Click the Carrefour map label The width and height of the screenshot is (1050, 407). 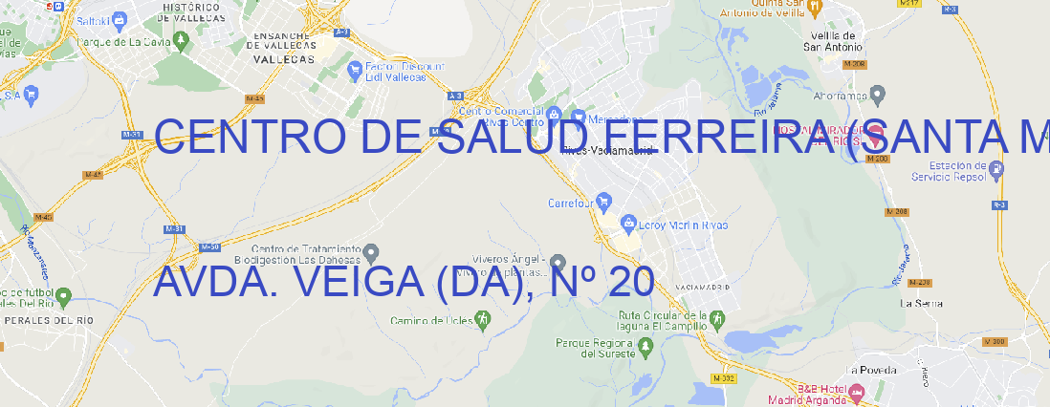(x=572, y=203)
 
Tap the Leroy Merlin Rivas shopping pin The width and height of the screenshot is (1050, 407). (x=628, y=224)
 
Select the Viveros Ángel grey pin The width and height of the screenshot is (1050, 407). (x=558, y=262)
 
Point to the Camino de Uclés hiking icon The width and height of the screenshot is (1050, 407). (x=483, y=318)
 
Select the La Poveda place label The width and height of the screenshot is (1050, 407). (x=872, y=370)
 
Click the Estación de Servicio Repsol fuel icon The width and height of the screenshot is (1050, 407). (x=997, y=170)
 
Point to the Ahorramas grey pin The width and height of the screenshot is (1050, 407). (x=879, y=94)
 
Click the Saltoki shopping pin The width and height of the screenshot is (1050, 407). (x=119, y=19)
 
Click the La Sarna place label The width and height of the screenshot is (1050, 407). (x=922, y=303)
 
